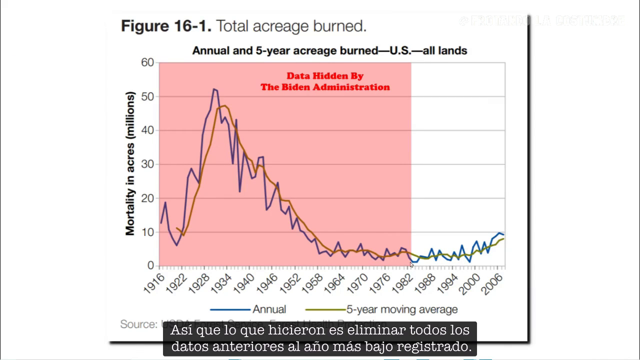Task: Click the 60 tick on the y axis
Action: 147,62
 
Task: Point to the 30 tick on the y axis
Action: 147,164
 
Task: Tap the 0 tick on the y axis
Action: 150,265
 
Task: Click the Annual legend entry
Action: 269,309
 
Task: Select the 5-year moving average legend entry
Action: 402,309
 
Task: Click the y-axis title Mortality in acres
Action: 130,163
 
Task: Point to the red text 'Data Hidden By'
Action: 325,76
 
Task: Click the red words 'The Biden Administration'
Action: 325,87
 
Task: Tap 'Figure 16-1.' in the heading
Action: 166,26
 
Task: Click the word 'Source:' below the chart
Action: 138,324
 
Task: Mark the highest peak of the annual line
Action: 213,89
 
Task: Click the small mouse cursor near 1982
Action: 411,264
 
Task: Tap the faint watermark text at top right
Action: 541,21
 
